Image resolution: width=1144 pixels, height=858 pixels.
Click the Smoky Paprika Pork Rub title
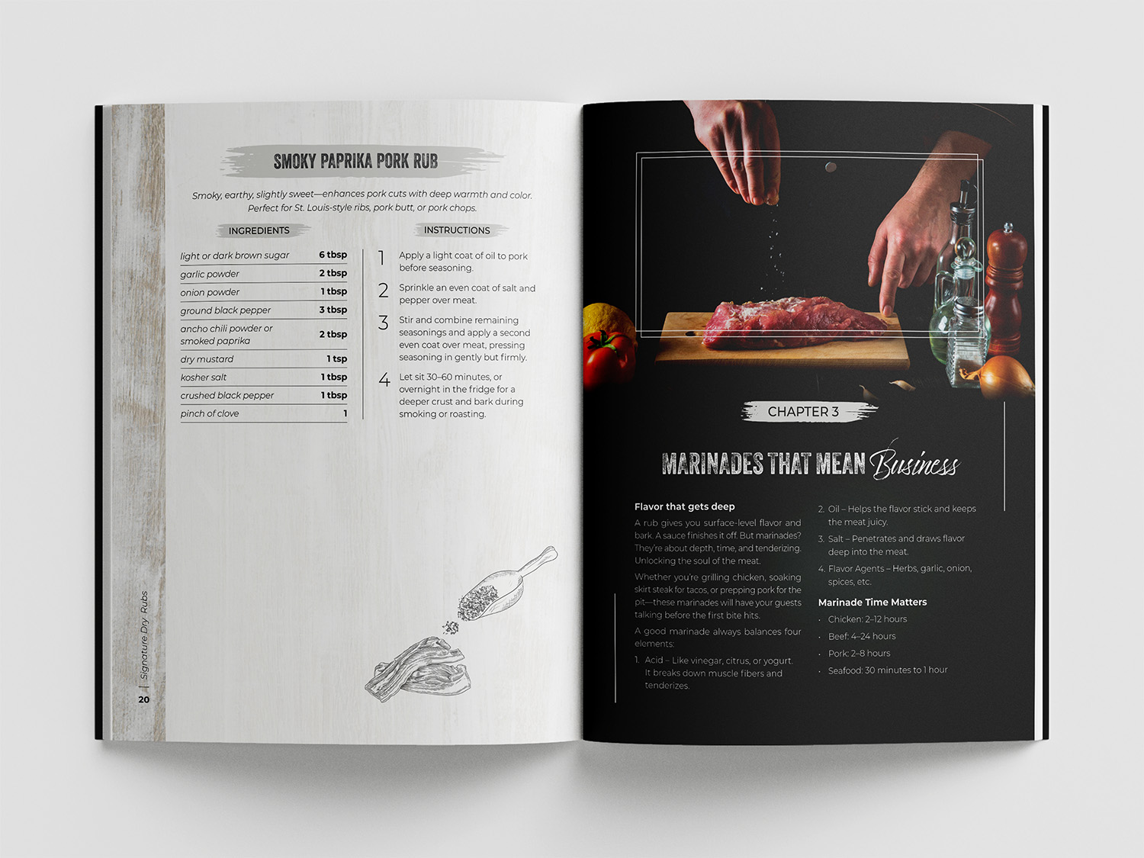tap(355, 162)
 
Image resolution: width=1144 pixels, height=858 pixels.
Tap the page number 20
tap(144, 699)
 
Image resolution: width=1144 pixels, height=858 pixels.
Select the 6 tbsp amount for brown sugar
tap(333, 255)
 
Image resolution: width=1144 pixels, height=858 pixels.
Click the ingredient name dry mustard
tap(207, 359)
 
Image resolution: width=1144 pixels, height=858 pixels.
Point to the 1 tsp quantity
tap(336, 358)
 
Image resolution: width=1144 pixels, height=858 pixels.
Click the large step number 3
tap(384, 323)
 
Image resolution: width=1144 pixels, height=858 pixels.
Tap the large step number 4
tap(384, 379)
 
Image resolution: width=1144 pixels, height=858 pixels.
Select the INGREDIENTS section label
tap(259, 231)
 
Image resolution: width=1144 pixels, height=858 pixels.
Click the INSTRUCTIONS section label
tap(457, 230)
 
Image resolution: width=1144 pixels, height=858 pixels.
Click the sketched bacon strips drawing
tap(418, 670)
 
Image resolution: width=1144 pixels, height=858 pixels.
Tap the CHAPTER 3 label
tap(803, 412)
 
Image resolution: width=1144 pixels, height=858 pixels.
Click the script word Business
tap(914, 463)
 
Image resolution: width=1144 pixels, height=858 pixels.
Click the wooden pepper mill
tap(1005, 289)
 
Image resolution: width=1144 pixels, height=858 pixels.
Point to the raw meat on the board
tap(795, 321)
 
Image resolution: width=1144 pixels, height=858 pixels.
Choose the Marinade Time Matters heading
tap(872, 603)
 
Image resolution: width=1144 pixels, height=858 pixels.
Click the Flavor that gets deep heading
tap(684, 506)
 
